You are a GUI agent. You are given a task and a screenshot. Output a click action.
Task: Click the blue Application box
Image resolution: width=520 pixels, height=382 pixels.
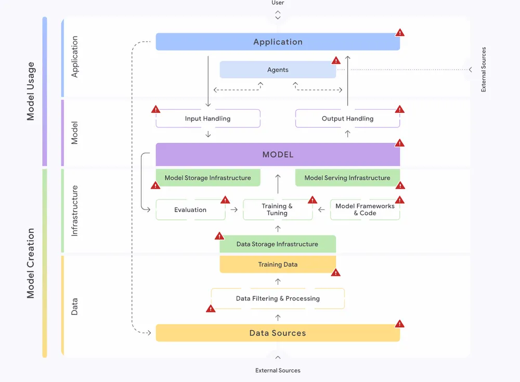click(278, 42)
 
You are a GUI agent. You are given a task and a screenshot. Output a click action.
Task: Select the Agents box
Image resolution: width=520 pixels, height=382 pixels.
click(278, 70)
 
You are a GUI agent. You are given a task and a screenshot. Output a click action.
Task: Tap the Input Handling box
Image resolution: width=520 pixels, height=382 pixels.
click(207, 118)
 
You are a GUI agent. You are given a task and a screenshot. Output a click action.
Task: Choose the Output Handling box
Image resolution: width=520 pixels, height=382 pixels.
click(347, 118)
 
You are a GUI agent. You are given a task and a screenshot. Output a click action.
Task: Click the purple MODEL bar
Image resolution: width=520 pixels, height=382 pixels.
click(278, 154)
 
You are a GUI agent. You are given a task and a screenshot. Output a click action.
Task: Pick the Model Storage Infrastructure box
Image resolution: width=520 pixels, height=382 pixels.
click(207, 178)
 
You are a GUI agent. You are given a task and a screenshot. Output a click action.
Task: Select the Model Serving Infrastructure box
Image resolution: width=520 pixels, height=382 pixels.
click(347, 178)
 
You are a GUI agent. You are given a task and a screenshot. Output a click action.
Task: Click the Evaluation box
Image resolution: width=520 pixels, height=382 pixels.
click(190, 210)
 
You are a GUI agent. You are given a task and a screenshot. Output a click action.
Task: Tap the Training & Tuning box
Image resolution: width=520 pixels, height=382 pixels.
click(277, 210)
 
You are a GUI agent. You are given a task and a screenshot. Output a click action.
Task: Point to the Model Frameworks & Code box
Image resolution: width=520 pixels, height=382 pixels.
click(365, 210)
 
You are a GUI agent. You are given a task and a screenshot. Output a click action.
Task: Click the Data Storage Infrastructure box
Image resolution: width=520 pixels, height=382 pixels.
click(277, 244)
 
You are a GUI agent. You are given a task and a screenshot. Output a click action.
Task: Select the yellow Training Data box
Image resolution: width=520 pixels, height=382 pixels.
click(278, 265)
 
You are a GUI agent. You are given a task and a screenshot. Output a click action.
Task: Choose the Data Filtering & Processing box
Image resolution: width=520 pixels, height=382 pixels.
click(278, 299)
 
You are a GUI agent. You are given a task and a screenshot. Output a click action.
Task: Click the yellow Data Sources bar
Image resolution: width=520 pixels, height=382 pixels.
click(278, 333)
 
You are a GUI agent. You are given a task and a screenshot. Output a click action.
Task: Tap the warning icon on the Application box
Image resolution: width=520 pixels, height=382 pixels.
click(399, 32)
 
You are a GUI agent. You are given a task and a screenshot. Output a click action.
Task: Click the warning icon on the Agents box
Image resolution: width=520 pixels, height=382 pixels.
click(335, 60)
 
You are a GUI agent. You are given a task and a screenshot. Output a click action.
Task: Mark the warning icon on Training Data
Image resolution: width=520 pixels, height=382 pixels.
click(335, 272)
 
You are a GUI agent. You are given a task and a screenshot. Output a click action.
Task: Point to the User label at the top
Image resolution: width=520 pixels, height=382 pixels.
click(278, 3)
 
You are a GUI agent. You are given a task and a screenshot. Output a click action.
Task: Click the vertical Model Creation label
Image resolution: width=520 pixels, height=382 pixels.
click(31, 263)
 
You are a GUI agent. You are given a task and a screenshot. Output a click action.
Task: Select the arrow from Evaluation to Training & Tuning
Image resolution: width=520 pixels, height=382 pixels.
click(234, 210)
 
